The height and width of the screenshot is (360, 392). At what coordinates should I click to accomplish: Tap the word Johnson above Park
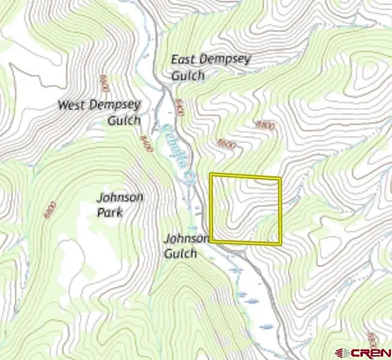point(120,197)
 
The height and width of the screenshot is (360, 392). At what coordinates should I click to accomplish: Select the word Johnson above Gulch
point(186,238)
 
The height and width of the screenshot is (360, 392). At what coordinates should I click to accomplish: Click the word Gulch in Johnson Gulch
point(181,253)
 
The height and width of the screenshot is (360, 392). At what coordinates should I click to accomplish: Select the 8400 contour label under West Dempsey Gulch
point(145,142)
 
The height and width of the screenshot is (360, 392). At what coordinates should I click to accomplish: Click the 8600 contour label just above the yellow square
point(225,142)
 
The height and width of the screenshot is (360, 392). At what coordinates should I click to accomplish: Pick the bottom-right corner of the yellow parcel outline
point(280,244)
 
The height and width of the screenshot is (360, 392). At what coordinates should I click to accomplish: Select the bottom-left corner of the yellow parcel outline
point(212,241)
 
